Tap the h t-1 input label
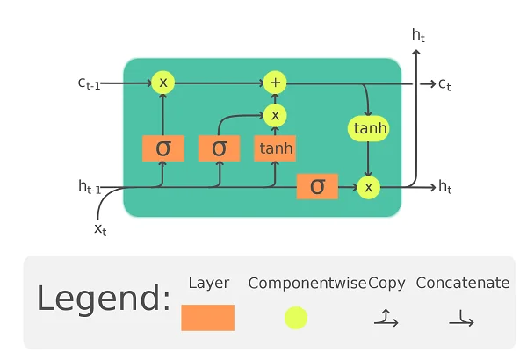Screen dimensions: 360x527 pyautogui.click(x=90, y=186)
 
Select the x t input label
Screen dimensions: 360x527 pyautogui.click(x=100, y=228)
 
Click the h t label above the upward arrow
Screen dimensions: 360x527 pyautogui.click(x=419, y=35)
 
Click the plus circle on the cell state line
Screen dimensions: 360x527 pyautogui.click(x=276, y=83)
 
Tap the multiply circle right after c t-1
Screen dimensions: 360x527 pyautogui.click(x=162, y=83)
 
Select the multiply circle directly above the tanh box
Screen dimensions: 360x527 pyautogui.click(x=276, y=115)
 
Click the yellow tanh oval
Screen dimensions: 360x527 pyautogui.click(x=369, y=128)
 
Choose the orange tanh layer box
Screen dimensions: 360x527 pyautogui.click(x=276, y=148)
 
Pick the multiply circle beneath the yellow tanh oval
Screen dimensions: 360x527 pyautogui.click(x=369, y=186)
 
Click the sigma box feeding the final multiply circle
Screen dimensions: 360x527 pyautogui.click(x=317, y=186)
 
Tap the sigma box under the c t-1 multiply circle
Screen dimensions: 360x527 pyautogui.click(x=162, y=148)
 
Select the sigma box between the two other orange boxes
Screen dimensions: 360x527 pyautogui.click(x=219, y=148)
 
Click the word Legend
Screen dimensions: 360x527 pyautogui.click(x=103, y=299)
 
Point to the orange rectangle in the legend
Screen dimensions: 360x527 pyautogui.click(x=208, y=317)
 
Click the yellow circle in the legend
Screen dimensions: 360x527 pyautogui.click(x=296, y=317)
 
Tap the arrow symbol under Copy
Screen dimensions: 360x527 pyautogui.click(x=386, y=318)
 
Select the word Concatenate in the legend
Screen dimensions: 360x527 pyautogui.click(x=462, y=283)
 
